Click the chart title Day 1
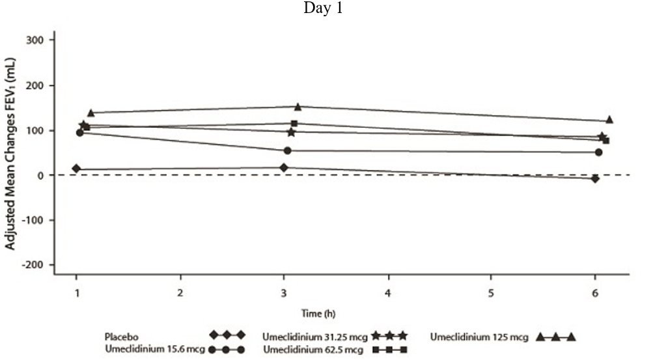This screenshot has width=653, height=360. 323,10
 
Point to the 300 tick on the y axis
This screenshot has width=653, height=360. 40,40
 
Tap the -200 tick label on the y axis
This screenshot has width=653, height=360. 38,265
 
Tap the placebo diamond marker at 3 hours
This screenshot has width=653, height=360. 284,168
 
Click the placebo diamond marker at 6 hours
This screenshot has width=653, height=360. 595,178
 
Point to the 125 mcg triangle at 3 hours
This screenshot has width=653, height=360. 298,107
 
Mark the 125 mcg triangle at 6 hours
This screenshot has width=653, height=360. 609,120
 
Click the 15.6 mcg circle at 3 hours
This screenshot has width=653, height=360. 287,151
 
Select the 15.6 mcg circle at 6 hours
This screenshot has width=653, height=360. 598,152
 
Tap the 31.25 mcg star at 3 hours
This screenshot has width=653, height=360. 291,132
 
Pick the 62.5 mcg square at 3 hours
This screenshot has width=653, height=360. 294,123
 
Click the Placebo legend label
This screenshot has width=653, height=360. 121,336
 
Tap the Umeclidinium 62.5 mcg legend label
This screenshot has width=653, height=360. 313,350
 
